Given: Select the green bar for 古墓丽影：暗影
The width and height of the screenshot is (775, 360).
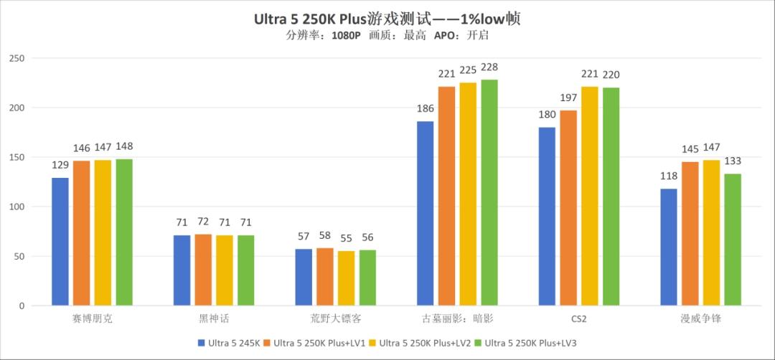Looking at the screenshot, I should click(489, 193).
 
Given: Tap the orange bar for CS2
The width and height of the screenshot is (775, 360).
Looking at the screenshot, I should click(568, 208).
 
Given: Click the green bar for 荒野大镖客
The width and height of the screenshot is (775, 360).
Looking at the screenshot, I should click(367, 278).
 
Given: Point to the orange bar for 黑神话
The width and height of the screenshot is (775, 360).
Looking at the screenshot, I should click(203, 270).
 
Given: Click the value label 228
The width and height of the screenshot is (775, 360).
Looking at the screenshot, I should click(489, 67).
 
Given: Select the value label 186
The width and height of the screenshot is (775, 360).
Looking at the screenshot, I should click(426, 109).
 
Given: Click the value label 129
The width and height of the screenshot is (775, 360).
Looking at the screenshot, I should click(60, 165).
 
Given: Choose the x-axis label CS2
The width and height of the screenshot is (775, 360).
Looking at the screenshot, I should click(579, 317).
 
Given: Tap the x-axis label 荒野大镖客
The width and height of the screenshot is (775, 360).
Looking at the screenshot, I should click(336, 317).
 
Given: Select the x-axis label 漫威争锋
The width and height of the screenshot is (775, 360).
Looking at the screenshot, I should click(700, 317).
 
